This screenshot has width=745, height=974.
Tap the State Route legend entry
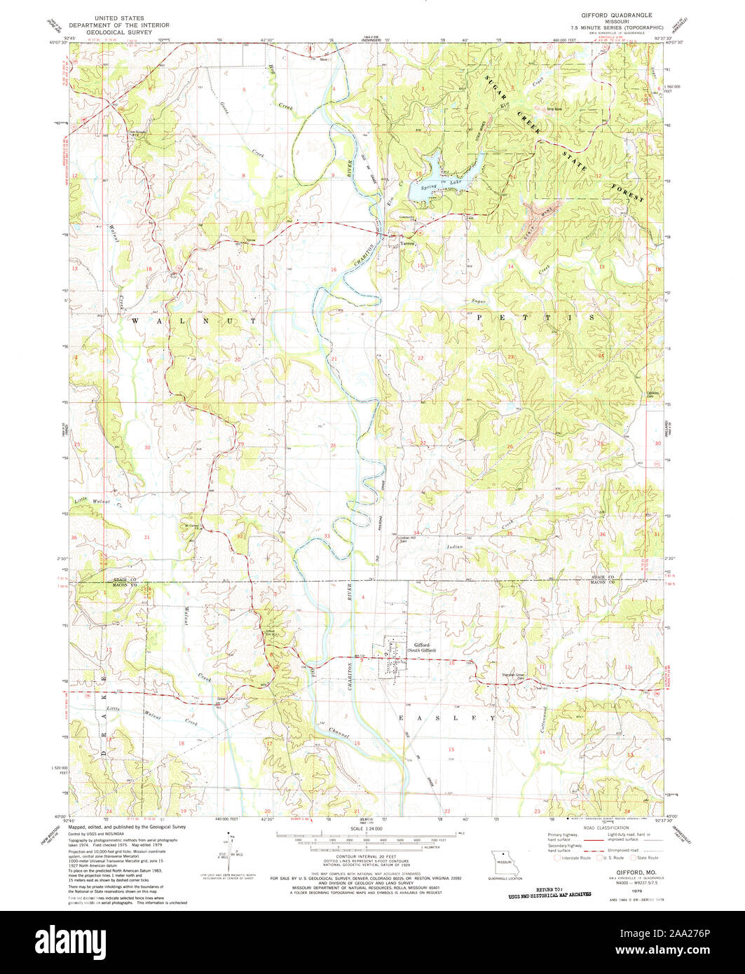click(x=646, y=857)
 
